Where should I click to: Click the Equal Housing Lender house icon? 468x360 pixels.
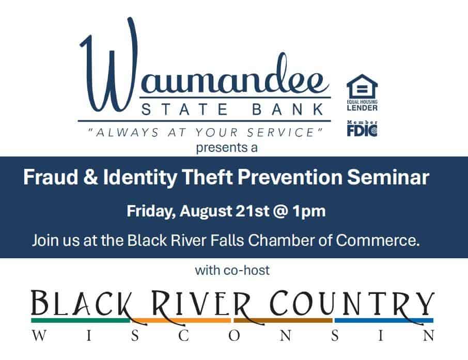point(362,87)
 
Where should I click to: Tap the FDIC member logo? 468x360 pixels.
point(362,129)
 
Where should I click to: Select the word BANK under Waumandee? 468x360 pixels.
point(288,109)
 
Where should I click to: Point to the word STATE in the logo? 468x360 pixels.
point(184,109)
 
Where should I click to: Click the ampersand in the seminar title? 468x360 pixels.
point(90,177)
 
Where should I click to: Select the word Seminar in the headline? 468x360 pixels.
point(388,177)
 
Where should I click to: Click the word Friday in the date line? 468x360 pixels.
point(151,211)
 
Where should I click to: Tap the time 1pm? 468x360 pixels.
point(309,211)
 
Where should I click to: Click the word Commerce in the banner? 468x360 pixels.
point(378,240)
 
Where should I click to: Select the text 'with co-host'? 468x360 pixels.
point(232,270)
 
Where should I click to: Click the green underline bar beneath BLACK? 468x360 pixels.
point(81,320)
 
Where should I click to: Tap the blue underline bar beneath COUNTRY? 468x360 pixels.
point(384,320)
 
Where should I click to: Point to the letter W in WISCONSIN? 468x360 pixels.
point(39,336)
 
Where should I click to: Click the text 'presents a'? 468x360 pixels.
point(227,148)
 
